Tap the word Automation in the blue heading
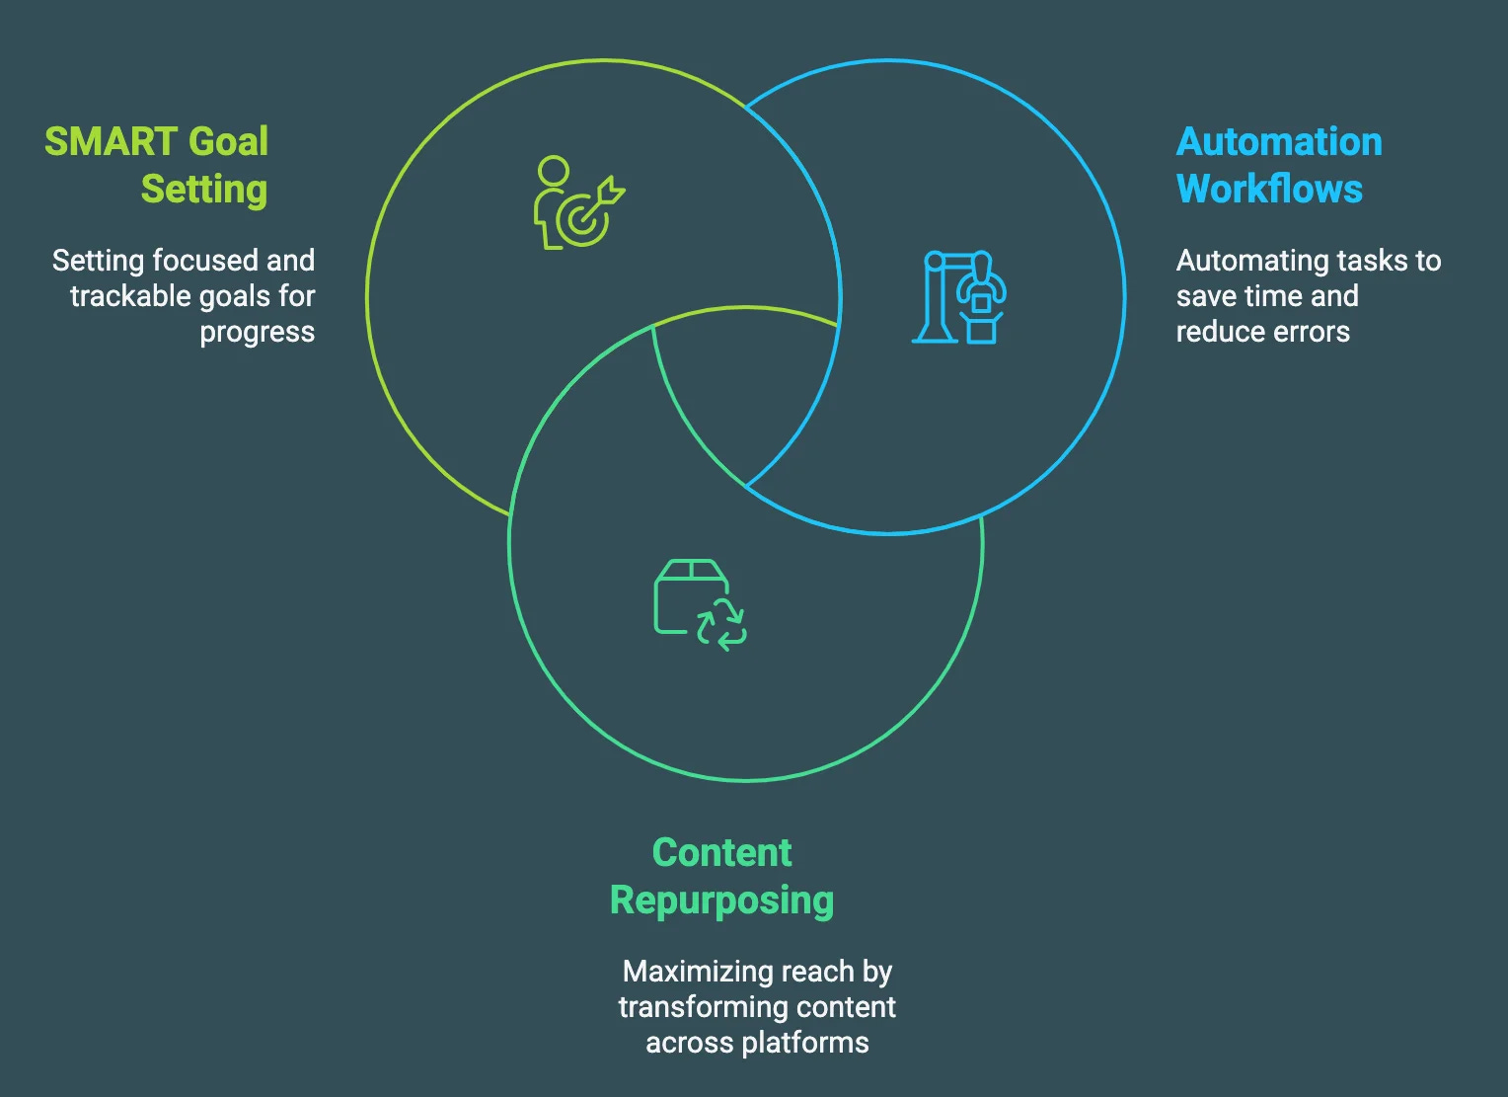[1279, 142]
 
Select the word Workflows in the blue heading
[1269, 190]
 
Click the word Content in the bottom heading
[721, 853]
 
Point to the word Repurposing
[721, 901]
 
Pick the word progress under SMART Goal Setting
[257, 332]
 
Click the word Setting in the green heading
[204, 190]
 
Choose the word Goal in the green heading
[228, 142]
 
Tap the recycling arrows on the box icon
[721, 624]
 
